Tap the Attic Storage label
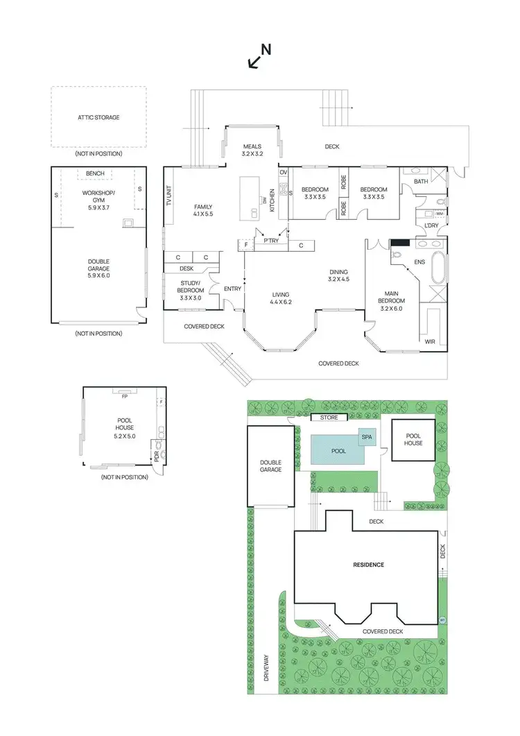tap(98, 118)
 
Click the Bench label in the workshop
tap(95, 173)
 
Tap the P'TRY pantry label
tap(270, 241)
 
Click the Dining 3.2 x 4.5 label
tap(338, 275)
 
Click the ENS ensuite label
tap(419, 262)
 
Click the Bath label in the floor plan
tap(421, 182)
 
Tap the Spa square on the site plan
tap(365, 438)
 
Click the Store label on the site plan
tap(329, 418)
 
